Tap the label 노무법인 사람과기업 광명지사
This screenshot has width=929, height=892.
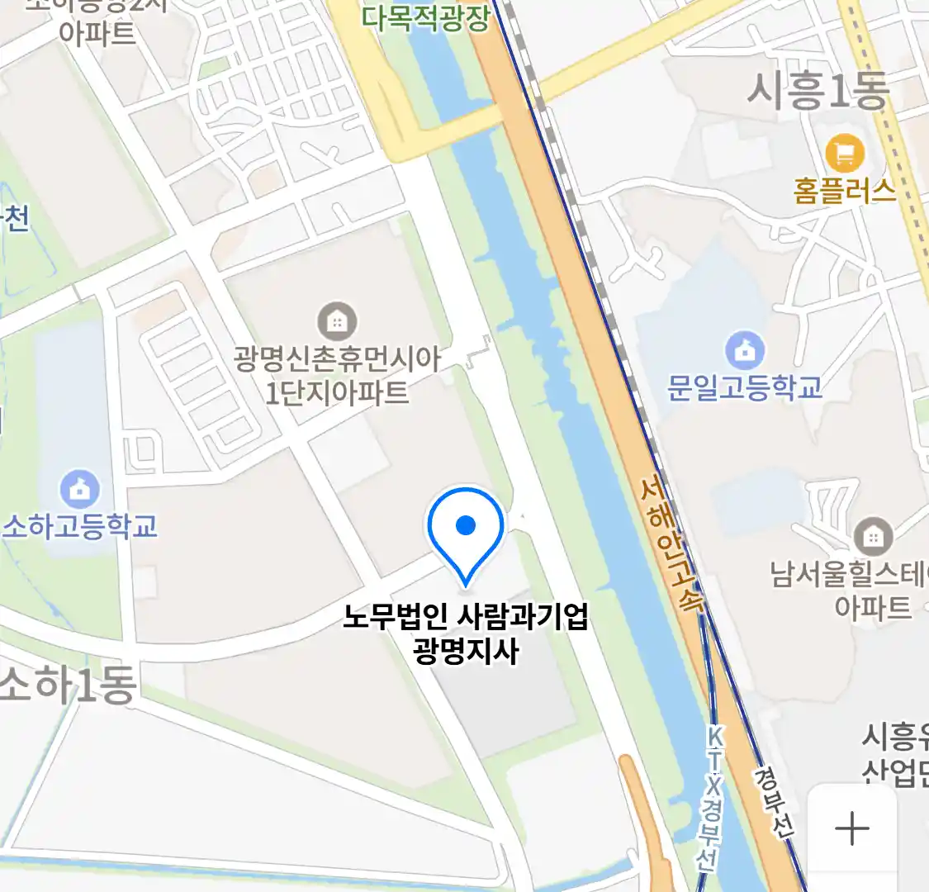point(466,634)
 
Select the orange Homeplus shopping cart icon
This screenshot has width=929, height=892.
point(845,154)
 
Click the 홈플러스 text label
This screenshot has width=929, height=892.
point(844,191)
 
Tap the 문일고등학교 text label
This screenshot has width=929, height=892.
point(745,387)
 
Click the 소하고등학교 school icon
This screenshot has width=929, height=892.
point(79,489)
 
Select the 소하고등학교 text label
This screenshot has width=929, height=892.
point(80,526)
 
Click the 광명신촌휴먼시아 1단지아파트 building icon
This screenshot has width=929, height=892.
point(337,321)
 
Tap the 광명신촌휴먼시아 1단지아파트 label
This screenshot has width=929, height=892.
point(337,375)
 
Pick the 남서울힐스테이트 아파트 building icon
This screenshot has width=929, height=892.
point(873,537)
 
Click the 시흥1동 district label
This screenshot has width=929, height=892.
point(817,90)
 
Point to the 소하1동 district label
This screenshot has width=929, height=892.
point(68,685)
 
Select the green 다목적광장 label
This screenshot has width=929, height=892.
point(425,18)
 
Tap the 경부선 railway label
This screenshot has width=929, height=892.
point(774,802)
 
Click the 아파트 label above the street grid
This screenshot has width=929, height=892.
point(97,33)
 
